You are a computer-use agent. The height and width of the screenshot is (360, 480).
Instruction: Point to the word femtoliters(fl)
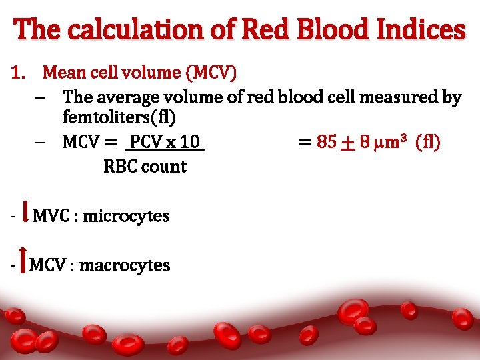(119, 118)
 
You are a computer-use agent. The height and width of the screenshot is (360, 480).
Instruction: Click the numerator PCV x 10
(165, 142)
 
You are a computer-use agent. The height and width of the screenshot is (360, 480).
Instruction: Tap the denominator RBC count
(145, 167)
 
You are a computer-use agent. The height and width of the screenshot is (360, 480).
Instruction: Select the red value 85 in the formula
(327, 142)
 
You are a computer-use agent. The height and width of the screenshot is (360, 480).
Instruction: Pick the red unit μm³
(391, 142)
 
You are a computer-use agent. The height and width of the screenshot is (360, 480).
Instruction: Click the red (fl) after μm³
(427, 142)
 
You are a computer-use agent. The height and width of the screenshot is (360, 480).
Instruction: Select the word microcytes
(126, 216)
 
